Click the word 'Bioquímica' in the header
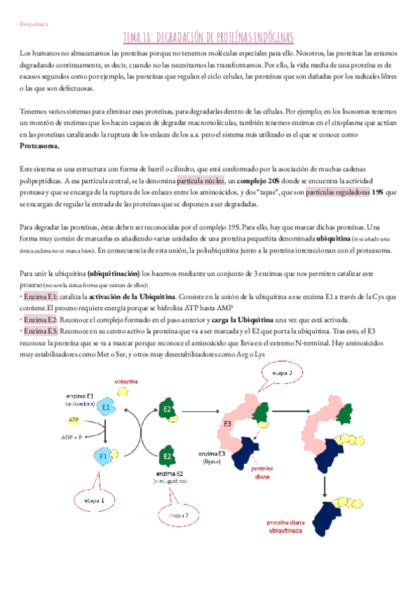pos(32,23)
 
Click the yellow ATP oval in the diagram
pos(74,420)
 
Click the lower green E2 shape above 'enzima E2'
pos(167,458)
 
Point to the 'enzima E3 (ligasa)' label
pos(210,458)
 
